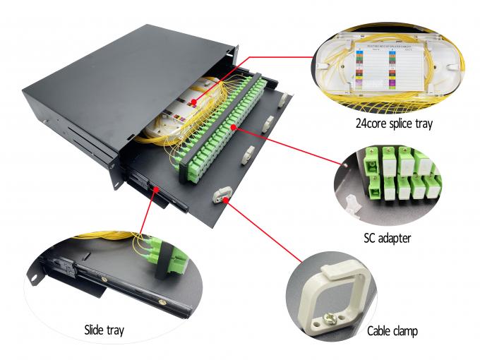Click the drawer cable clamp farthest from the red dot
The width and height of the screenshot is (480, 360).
coord(285,102)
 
